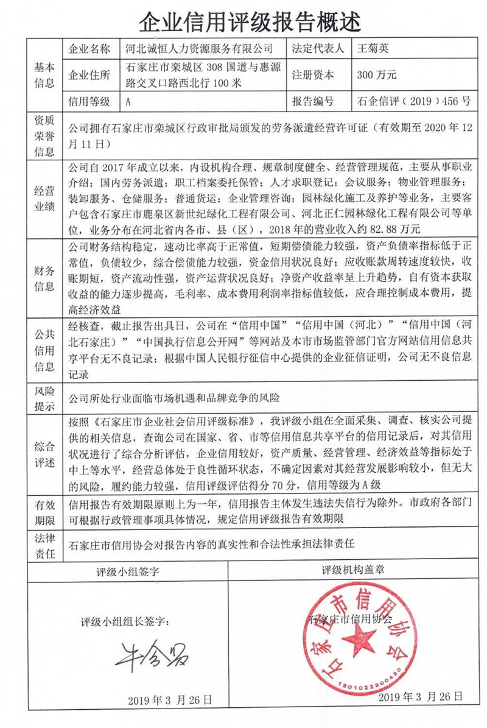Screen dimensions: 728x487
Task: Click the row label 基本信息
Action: pyautogui.click(x=44, y=75)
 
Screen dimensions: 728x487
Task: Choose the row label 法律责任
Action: pyautogui.click(x=44, y=545)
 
